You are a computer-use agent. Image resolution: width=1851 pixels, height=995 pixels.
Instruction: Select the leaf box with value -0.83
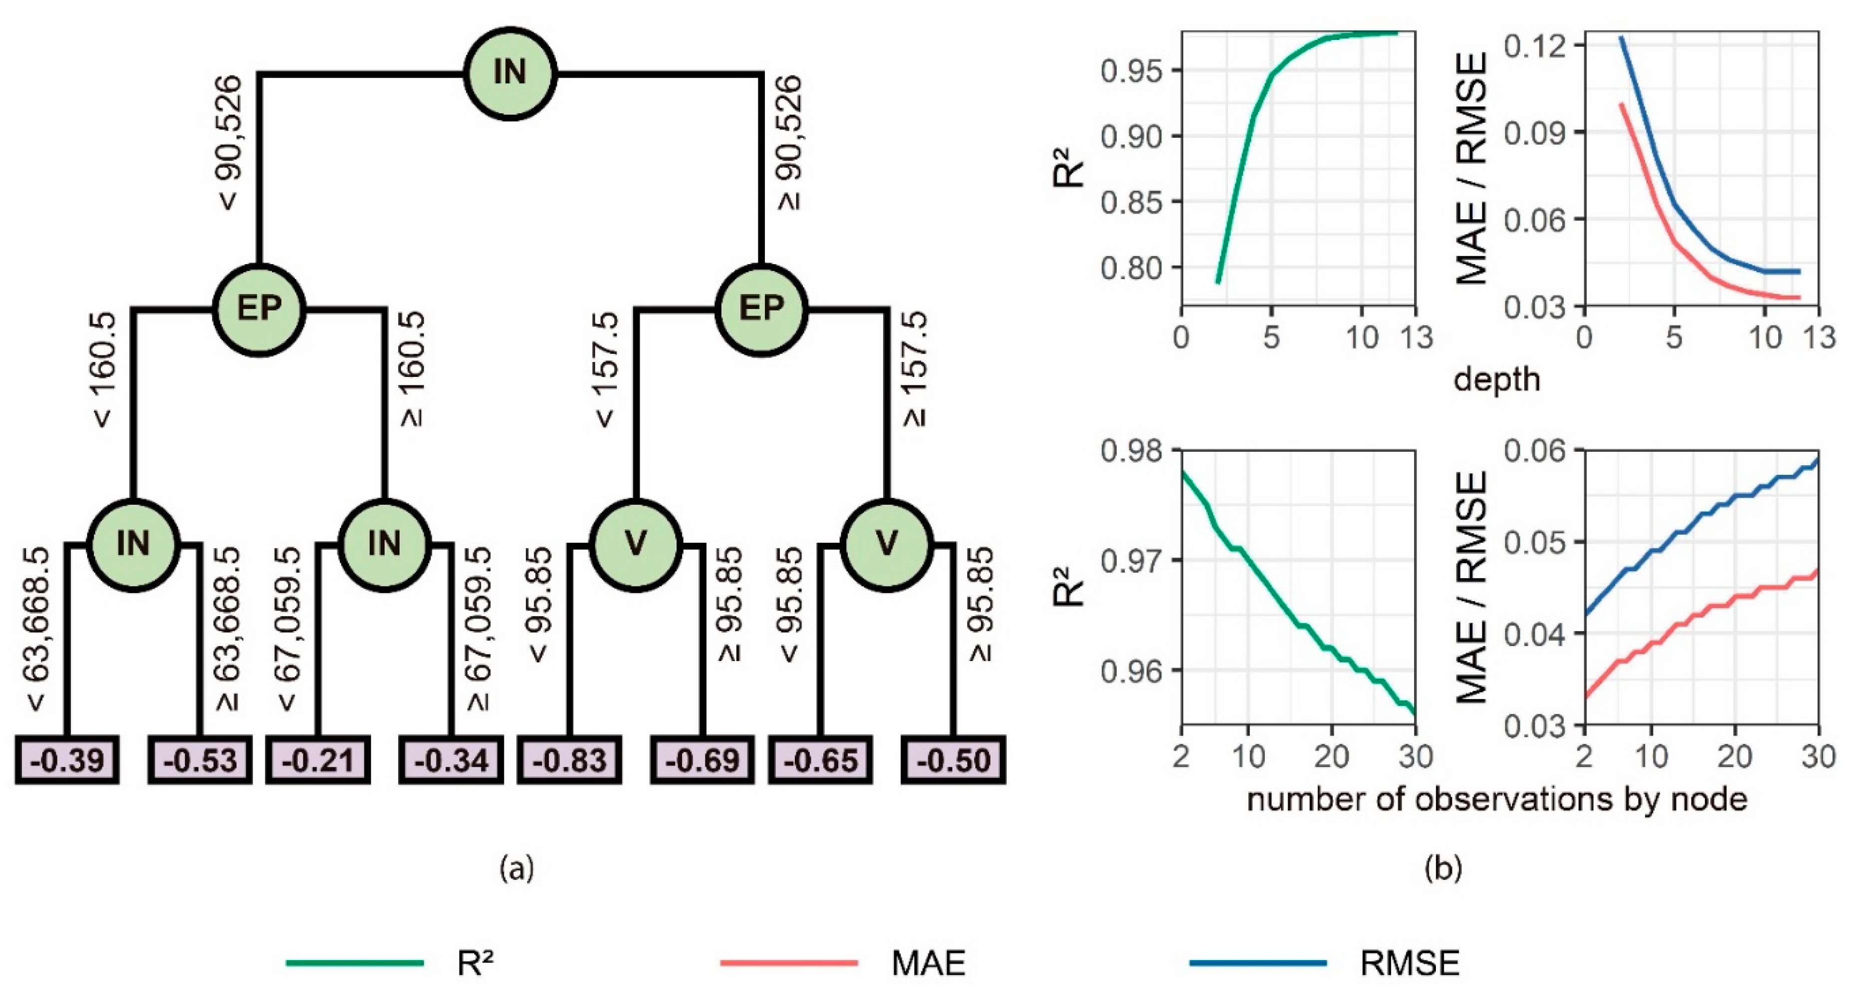tap(569, 760)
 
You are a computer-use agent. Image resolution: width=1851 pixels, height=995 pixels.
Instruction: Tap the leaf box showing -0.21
tap(318, 760)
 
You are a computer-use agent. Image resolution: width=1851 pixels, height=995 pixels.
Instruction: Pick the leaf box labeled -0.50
tap(953, 760)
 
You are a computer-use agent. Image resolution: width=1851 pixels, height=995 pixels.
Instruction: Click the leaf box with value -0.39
tap(67, 760)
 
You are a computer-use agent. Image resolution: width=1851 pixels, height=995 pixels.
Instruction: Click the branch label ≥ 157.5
tap(915, 370)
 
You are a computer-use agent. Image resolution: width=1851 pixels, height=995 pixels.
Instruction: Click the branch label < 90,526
tap(229, 143)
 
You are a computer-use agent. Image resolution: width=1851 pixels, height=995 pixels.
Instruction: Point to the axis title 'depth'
tap(1497, 379)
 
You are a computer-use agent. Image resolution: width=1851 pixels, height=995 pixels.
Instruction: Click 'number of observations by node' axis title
tap(1497, 799)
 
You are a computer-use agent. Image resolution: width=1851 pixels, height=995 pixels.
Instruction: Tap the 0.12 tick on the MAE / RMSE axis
tap(1535, 46)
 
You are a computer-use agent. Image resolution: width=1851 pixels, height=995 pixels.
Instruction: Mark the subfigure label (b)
tap(1443, 869)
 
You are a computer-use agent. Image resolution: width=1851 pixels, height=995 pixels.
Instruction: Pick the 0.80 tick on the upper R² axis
tap(1132, 268)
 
